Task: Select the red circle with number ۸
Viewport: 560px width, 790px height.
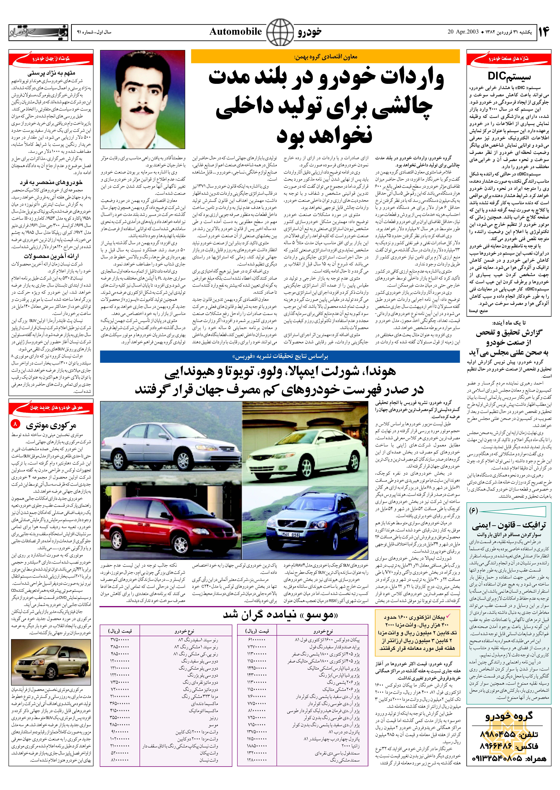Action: tap(15, 423)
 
